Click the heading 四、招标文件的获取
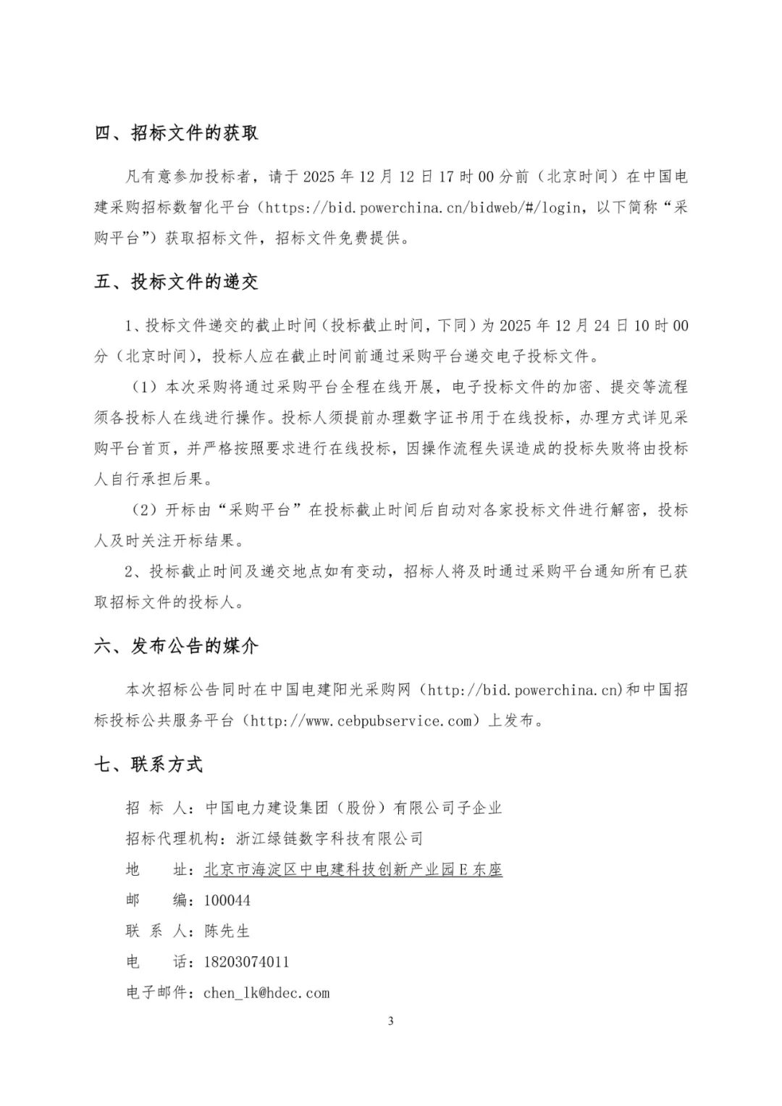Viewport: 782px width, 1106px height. pyautogui.click(x=176, y=133)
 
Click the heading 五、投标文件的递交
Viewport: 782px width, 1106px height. pyautogui.click(x=176, y=282)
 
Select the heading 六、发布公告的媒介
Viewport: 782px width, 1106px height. pyautogui.click(x=176, y=646)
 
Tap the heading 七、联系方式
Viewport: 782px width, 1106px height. pyautogui.click(x=148, y=764)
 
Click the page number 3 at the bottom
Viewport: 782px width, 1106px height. pyautogui.click(x=391, y=1021)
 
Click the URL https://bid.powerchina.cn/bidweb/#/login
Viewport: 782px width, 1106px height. pyautogui.click(x=424, y=208)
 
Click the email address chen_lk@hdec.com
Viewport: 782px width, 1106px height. pyautogui.click(x=266, y=993)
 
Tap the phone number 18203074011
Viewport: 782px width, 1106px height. pyautogui.click(x=247, y=962)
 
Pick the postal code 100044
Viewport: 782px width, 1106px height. pyautogui.click(x=227, y=900)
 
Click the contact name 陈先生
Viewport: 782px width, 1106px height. pyautogui.click(x=227, y=931)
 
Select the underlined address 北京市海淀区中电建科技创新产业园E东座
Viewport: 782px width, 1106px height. pyautogui.click(x=353, y=869)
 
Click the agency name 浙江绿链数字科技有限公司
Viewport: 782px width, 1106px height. pyautogui.click(x=329, y=839)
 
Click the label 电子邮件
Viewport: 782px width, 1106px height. pyautogui.click(x=156, y=993)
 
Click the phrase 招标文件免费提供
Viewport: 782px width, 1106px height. pyautogui.click(x=338, y=238)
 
